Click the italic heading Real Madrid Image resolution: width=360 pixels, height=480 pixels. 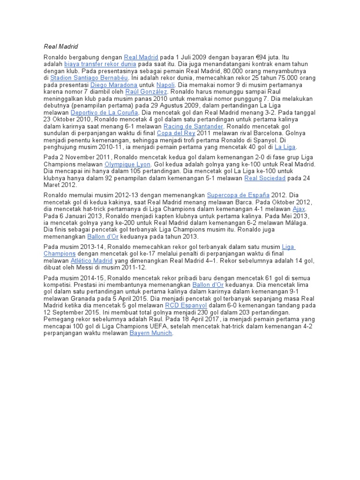[60, 46]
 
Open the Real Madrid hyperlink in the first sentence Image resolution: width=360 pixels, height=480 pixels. [141, 57]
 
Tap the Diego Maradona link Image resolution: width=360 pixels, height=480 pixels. [114, 85]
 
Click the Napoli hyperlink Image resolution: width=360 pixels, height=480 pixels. [165, 85]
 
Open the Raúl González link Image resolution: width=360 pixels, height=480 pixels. [146, 92]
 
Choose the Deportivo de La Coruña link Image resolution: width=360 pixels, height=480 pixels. [105, 113]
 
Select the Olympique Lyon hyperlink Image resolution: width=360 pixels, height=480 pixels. [127, 165]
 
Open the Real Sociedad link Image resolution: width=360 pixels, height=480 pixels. [265, 178]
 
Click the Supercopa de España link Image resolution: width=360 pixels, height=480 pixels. [238, 195]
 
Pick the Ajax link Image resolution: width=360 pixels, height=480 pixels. [299, 209]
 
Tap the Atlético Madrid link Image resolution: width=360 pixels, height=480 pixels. [91, 261]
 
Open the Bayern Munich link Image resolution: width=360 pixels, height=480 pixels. [151, 333]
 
